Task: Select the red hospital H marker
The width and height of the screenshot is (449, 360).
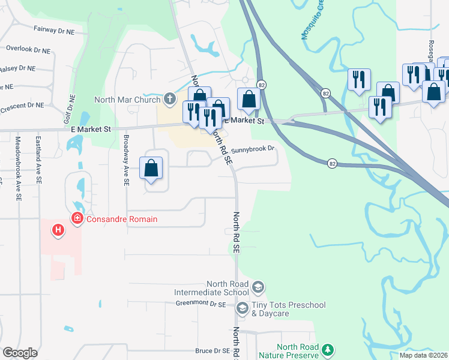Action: [x=58, y=229]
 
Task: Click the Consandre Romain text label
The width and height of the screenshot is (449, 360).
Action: [x=122, y=219]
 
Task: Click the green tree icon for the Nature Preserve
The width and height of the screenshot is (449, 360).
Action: [x=328, y=349]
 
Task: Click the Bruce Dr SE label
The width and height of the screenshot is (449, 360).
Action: [x=212, y=351]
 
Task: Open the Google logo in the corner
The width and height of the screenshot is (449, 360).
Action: [x=19, y=353]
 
